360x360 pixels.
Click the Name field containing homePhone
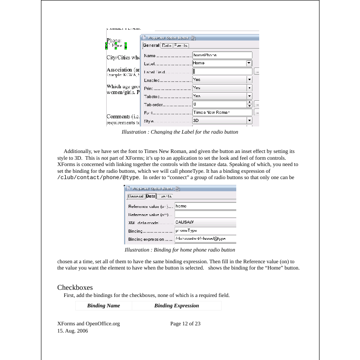(222, 55)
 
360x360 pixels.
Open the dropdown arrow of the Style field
(249, 121)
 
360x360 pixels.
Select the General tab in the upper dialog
(151, 45)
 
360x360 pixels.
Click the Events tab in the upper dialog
(181, 45)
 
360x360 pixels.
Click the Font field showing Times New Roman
(222, 112)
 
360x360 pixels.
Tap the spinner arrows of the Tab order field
(249, 104)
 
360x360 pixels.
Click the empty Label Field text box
(222, 72)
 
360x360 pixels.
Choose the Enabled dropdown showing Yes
(222, 80)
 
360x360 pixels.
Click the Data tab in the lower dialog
(151, 196)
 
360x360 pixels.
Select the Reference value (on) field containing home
(205, 206)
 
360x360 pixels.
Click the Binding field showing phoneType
(205, 230)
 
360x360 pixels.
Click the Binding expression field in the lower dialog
(205, 238)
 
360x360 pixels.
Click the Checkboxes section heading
(75, 288)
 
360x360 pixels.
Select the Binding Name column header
(103, 306)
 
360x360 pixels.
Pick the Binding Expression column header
(176, 306)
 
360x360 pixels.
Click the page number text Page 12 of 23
(185, 324)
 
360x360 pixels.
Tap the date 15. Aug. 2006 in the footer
(72, 331)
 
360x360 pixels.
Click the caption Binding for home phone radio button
(180, 250)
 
